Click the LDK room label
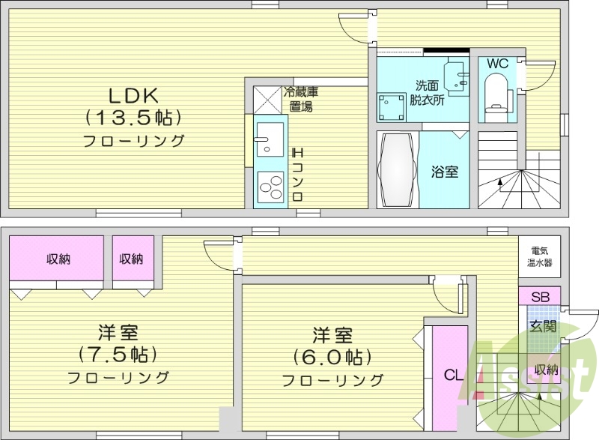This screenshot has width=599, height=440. pyautogui.click(x=133, y=96)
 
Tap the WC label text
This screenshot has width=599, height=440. pyautogui.click(x=497, y=64)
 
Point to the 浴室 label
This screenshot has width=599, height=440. pyautogui.click(x=444, y=172)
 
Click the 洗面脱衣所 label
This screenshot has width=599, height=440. pyautogui.click(x=426, y=92)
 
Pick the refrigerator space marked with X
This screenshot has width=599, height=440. pyautogui.click(x=265, y=99)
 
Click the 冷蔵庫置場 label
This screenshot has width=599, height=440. pyautogui.click(x=301, y=99)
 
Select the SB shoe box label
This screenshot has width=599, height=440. pyautogui.click(x=539, y=297)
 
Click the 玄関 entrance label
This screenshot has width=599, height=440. pyautogui.click(x=543, y=326)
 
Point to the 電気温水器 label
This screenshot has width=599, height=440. pyautogui.click(x=539, y=257)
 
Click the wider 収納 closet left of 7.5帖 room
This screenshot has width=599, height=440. pyautogui.click(x=58, y=259)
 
